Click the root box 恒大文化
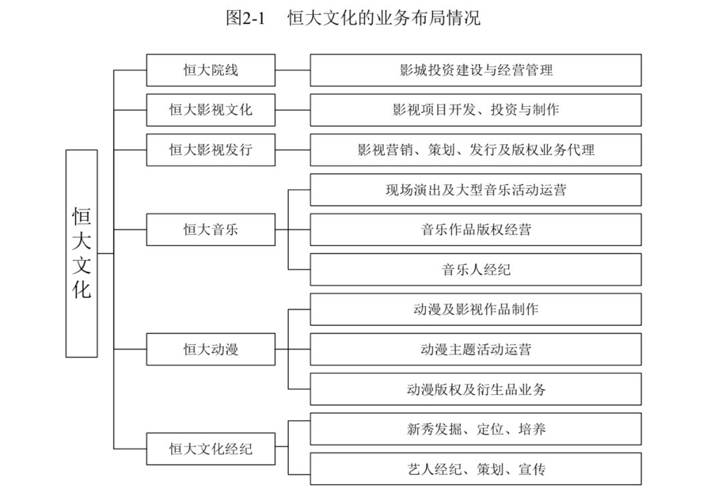tap(82, 253)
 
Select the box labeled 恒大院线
tap(211, 70)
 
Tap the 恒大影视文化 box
tap(211, 110)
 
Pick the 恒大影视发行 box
tap(211, 150)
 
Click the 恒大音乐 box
tap(211, 229)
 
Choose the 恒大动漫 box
tap(211, 349)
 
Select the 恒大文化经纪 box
tap(211, 449)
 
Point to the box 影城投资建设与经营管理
tap(476, 70)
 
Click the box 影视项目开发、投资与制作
tap(476, 110)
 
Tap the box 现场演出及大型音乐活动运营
tap(476, 190)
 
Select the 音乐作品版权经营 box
tap(476, 229)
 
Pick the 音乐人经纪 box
tap(476, 269)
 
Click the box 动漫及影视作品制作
tap(476, 309)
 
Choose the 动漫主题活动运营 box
tap(476, 349)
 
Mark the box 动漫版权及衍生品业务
tap(476, 389)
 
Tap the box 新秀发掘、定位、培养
tap(476, 429)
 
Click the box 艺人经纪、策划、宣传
tap(476, 469)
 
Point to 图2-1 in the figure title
tap(245, 19)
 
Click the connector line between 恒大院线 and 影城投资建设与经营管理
tap(293, 70)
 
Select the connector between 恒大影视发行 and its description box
tap(293, 150)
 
